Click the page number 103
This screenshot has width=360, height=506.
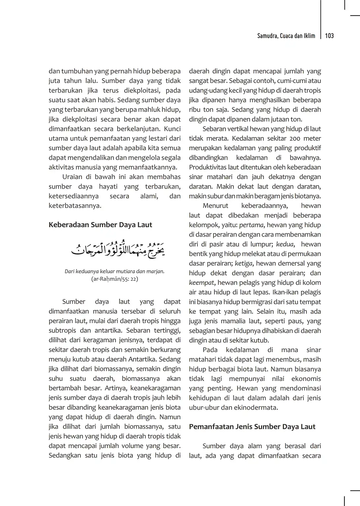[x=329, y=36]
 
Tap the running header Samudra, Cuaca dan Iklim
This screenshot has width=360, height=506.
[x=286, y=36]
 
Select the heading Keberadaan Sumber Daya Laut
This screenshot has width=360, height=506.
[x=100, y=225]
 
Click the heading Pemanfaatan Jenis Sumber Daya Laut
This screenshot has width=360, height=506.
[x=252, y=427]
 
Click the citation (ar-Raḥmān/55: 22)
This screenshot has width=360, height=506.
[x=114, y=279]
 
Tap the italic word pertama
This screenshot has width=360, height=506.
[x=252, y=225]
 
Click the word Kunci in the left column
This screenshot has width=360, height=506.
[x=172, y=129]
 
